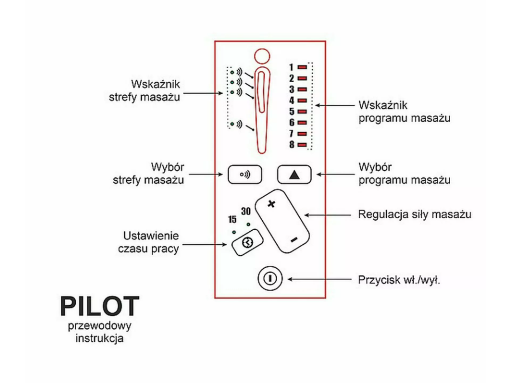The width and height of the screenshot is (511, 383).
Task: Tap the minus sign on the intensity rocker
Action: tap(293, 240)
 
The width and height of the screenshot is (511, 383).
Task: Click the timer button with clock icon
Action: tap(245, 243)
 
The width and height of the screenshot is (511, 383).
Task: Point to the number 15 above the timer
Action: tap(232, 220)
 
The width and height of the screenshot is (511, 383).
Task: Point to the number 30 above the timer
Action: tap(245, 211)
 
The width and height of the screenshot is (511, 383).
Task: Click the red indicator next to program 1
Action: tap(302, 67)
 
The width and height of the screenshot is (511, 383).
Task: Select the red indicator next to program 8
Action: tap(302, 145)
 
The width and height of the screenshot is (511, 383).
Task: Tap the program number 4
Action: tap(291, 100)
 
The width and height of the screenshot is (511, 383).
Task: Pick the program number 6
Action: tap(291, 123)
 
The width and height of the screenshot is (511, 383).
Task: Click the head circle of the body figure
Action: tap(261, 56)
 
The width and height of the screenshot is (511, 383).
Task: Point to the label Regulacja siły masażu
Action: tap(414, 214)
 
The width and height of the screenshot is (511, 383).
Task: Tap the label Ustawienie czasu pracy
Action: tap(149, 243)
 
